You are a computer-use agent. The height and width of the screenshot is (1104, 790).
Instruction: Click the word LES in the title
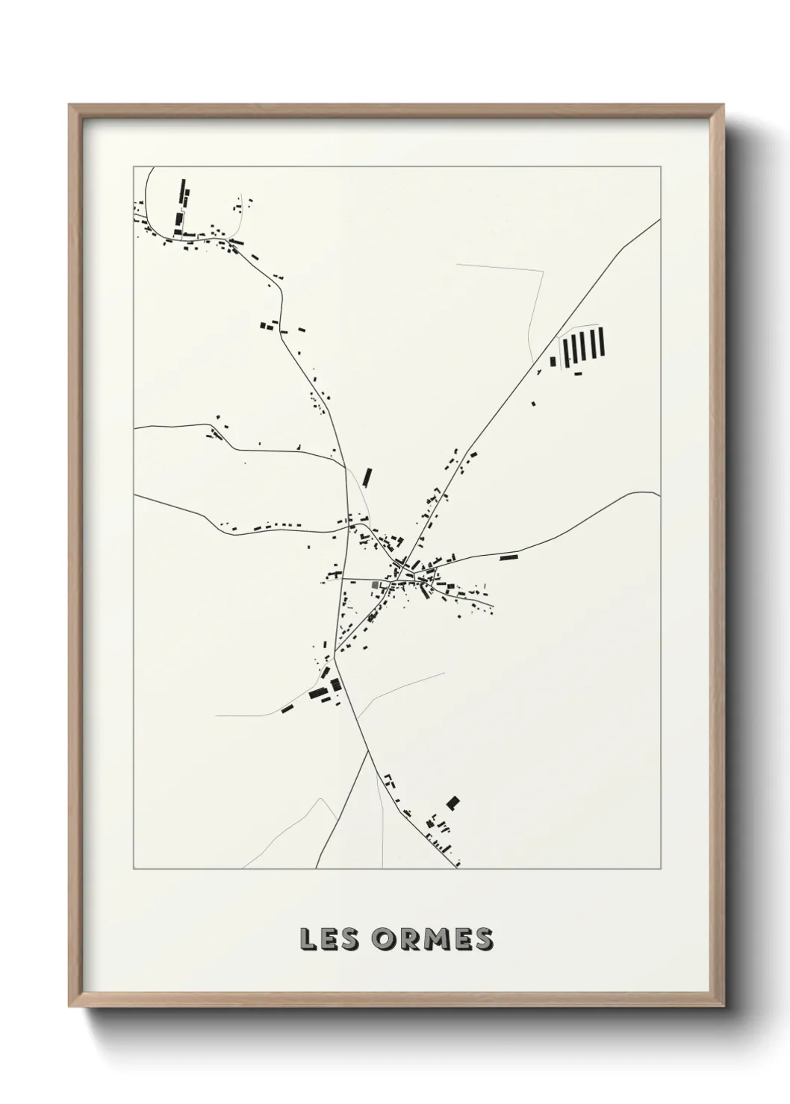[x=329, y=939]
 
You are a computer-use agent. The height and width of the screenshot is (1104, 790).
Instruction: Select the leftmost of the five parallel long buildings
[x=565, y=348]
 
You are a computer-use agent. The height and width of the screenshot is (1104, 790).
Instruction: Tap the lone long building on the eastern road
[x=508, y=556]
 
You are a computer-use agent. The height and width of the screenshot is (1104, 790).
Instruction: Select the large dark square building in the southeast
[x=452, y=803]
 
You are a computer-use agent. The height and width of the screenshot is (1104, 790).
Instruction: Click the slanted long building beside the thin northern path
[x=367, y=477]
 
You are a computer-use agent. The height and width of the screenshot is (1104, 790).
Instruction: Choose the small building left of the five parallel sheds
[x=553, y=363]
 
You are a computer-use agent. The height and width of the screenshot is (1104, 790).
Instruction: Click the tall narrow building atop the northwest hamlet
[x=181, y=192]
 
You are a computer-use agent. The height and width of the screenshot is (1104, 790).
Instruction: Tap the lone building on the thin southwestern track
[x=286, y=709]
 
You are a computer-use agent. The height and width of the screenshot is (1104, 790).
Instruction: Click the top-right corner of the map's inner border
[x=659, y=166]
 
